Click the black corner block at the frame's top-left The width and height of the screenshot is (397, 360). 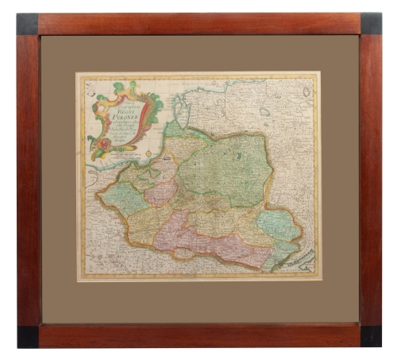(x=27, y=24)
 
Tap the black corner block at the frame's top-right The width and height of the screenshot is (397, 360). (x=371, y=24)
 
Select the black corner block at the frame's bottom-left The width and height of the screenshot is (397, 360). (x=28, y=336)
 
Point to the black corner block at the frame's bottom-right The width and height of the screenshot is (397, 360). (x=371, y=336)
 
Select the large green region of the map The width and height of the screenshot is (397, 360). (x=226, y=167)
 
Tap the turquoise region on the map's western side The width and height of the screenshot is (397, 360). (x=123, y=199)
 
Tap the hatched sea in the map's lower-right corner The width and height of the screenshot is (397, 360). (x=303, y=262)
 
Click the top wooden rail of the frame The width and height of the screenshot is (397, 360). (x=198, y=23)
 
